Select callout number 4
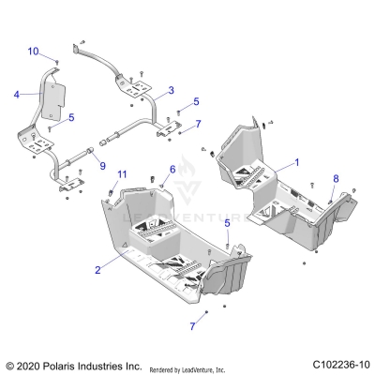pyautogui.click(x=16, y=94)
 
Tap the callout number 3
pyautogui.click(x=172, y=91)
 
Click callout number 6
pyautogui.click(x=172, y=169)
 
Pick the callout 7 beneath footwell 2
pyautogui.click(x=194, y=325)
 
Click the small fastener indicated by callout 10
pyautogui.click(x=57, y=62)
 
